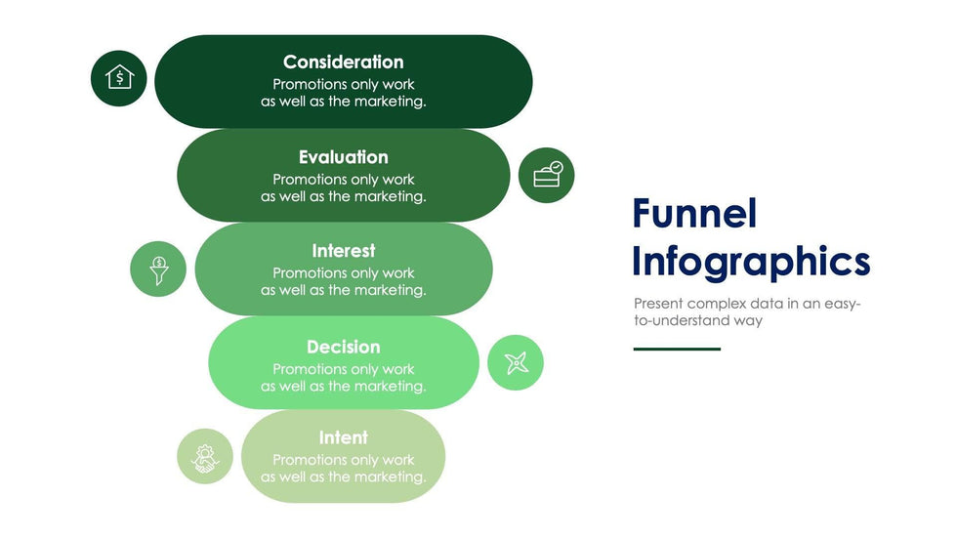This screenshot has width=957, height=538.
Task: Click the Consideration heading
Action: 343,62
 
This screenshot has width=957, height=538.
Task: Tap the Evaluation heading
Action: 343,157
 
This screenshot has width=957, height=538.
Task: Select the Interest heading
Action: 343,251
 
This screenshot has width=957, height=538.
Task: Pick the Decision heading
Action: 343,347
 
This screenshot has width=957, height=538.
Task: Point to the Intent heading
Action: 343,437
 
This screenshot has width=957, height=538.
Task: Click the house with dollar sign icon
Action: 119,77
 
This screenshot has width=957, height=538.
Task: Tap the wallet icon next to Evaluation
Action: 547,175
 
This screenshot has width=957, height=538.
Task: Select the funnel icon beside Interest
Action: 158,269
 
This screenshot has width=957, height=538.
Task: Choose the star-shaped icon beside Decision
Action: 516,363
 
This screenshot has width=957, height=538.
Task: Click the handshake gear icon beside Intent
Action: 205,457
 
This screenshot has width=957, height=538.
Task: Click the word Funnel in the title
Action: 694,213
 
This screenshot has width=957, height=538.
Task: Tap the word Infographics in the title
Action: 750,262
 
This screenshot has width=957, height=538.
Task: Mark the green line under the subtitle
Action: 677,349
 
